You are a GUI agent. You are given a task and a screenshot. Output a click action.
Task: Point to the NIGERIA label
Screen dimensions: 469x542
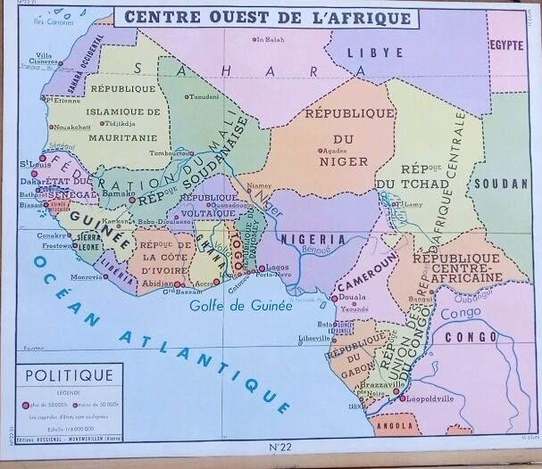coord(312,239)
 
